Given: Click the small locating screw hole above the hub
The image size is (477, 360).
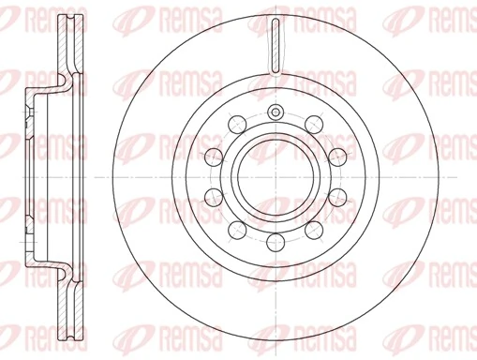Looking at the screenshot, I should [276, 112].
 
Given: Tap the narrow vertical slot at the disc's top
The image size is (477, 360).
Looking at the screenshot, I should [276, 45].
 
